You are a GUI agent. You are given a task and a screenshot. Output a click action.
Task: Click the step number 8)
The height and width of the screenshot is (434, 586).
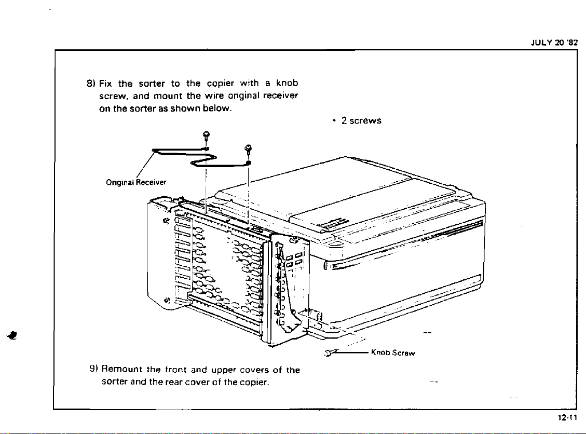[x=90, y=84]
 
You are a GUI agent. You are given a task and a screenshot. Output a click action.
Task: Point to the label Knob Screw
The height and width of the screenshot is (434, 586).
[x=392, y=353]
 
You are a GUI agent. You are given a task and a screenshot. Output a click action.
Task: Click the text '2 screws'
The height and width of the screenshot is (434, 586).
[x=360, y=120]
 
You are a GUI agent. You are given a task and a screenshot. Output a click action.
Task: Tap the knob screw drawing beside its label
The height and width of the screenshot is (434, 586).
[x=330, y=354]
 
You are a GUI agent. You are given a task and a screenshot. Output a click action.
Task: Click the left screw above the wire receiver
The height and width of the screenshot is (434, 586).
[x=206, y=136]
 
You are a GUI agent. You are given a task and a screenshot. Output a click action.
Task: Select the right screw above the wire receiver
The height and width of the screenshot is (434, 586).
[x=248, y=149]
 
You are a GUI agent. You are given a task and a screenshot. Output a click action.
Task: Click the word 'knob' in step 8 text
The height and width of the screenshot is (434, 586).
[x=287, y=83]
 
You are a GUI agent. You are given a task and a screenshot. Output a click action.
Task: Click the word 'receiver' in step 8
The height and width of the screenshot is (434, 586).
[x=280, y=96]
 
